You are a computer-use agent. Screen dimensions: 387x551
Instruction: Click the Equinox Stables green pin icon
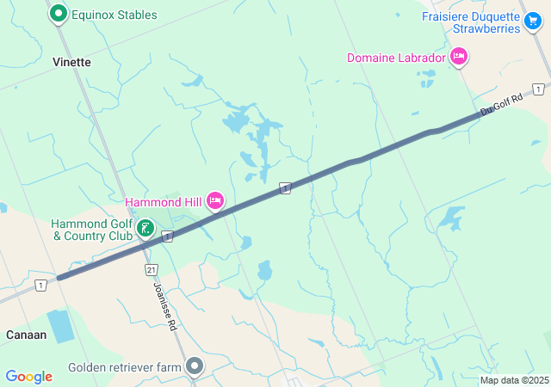tap(59, 14)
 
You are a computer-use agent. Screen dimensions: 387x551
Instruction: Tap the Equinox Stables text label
tap(114, 15)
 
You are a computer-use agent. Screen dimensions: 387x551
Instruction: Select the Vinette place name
tap(71, 62)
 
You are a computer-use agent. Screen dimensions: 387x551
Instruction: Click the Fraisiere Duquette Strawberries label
tap(471, 21)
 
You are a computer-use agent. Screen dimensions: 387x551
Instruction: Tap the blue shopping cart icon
tap(533, 20)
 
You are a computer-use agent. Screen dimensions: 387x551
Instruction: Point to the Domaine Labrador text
tap(396, 58)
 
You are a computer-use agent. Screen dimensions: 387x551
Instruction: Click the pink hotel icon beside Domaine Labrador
tap(459, 57)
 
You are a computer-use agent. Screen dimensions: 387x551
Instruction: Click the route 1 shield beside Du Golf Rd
tap(538, 89)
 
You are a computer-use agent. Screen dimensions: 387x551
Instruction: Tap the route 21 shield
tap(152, 269)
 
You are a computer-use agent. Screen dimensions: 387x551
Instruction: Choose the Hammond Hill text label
tap(163, 202)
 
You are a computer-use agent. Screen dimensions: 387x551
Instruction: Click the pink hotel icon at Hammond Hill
tap(214, 201)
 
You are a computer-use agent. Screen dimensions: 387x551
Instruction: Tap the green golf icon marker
tap(146, 229)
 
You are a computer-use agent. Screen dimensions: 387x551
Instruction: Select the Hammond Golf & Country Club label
tap(91, 229)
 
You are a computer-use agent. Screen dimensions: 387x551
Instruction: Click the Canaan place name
tap(26, 335)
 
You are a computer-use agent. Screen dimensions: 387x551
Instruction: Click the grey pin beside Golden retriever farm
tap(195, 367)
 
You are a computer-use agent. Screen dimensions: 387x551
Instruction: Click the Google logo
tap(28, 377)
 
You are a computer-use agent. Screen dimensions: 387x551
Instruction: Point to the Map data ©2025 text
tap(513, 380)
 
